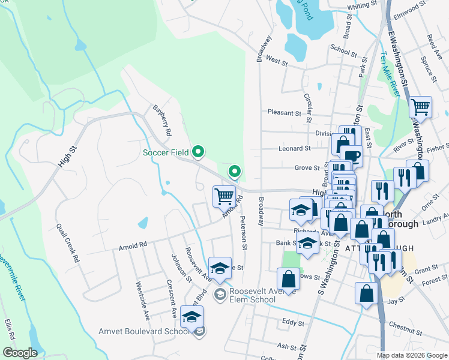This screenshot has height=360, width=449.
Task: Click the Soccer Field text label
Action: (166, 152)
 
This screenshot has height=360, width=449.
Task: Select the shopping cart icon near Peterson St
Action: (224, 195)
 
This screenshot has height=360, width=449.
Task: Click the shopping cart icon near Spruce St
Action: (421, 107)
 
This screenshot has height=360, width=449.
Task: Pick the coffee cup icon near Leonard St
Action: (352, 157)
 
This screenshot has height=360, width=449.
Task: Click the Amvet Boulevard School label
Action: (145, 331)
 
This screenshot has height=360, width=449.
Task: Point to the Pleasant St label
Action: (284, 112)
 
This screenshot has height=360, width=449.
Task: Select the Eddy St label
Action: (293, 323)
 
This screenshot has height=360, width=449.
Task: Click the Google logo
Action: (20, 353)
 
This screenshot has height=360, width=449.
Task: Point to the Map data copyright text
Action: (412, 355)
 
